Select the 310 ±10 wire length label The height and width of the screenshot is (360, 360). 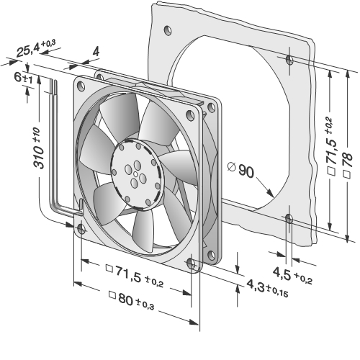point(38,148)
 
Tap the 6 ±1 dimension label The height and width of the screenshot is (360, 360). point(23,78)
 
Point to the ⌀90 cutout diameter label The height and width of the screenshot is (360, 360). point(240,169)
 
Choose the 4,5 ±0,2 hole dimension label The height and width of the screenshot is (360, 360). point(292,276)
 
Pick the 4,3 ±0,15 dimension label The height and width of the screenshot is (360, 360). point(267,288)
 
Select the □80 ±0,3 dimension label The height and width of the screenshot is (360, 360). point(132,300)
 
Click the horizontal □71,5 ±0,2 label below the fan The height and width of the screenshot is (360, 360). point(135,276)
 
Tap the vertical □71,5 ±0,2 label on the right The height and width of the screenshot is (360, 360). point(332,147)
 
